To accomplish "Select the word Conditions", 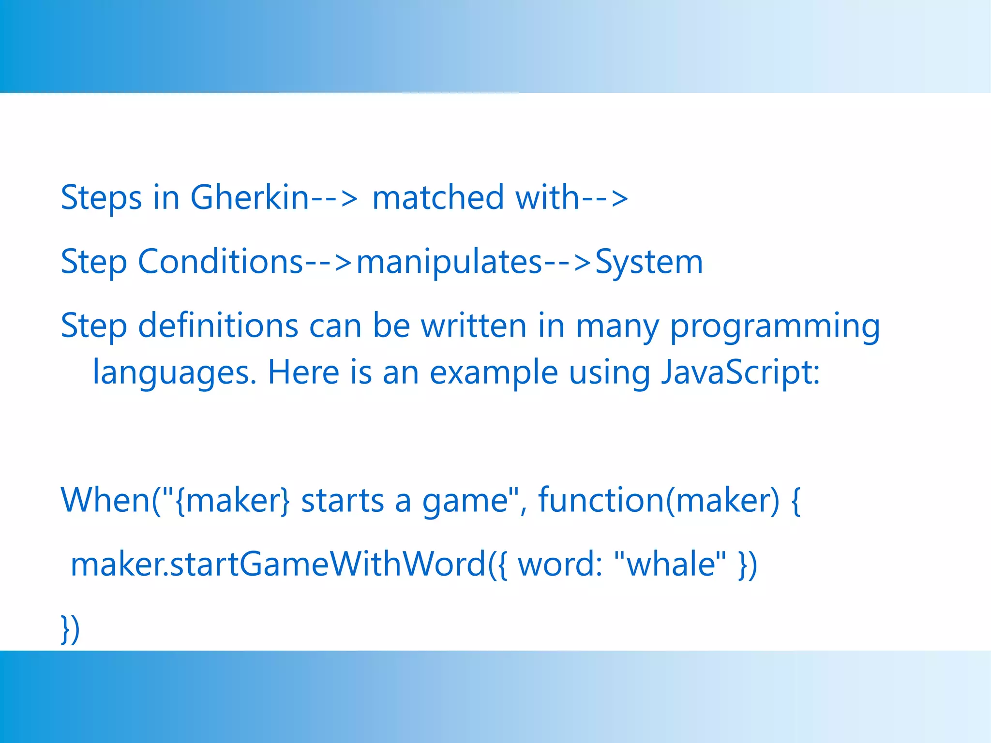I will [220, 262].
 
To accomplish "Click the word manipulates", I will [449, 262].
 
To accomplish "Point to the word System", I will [648, 262].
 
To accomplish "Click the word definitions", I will [218, 326].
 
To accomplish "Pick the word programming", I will [775, 327].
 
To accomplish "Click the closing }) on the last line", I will [70, 629].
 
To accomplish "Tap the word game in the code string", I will [465, 501].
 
